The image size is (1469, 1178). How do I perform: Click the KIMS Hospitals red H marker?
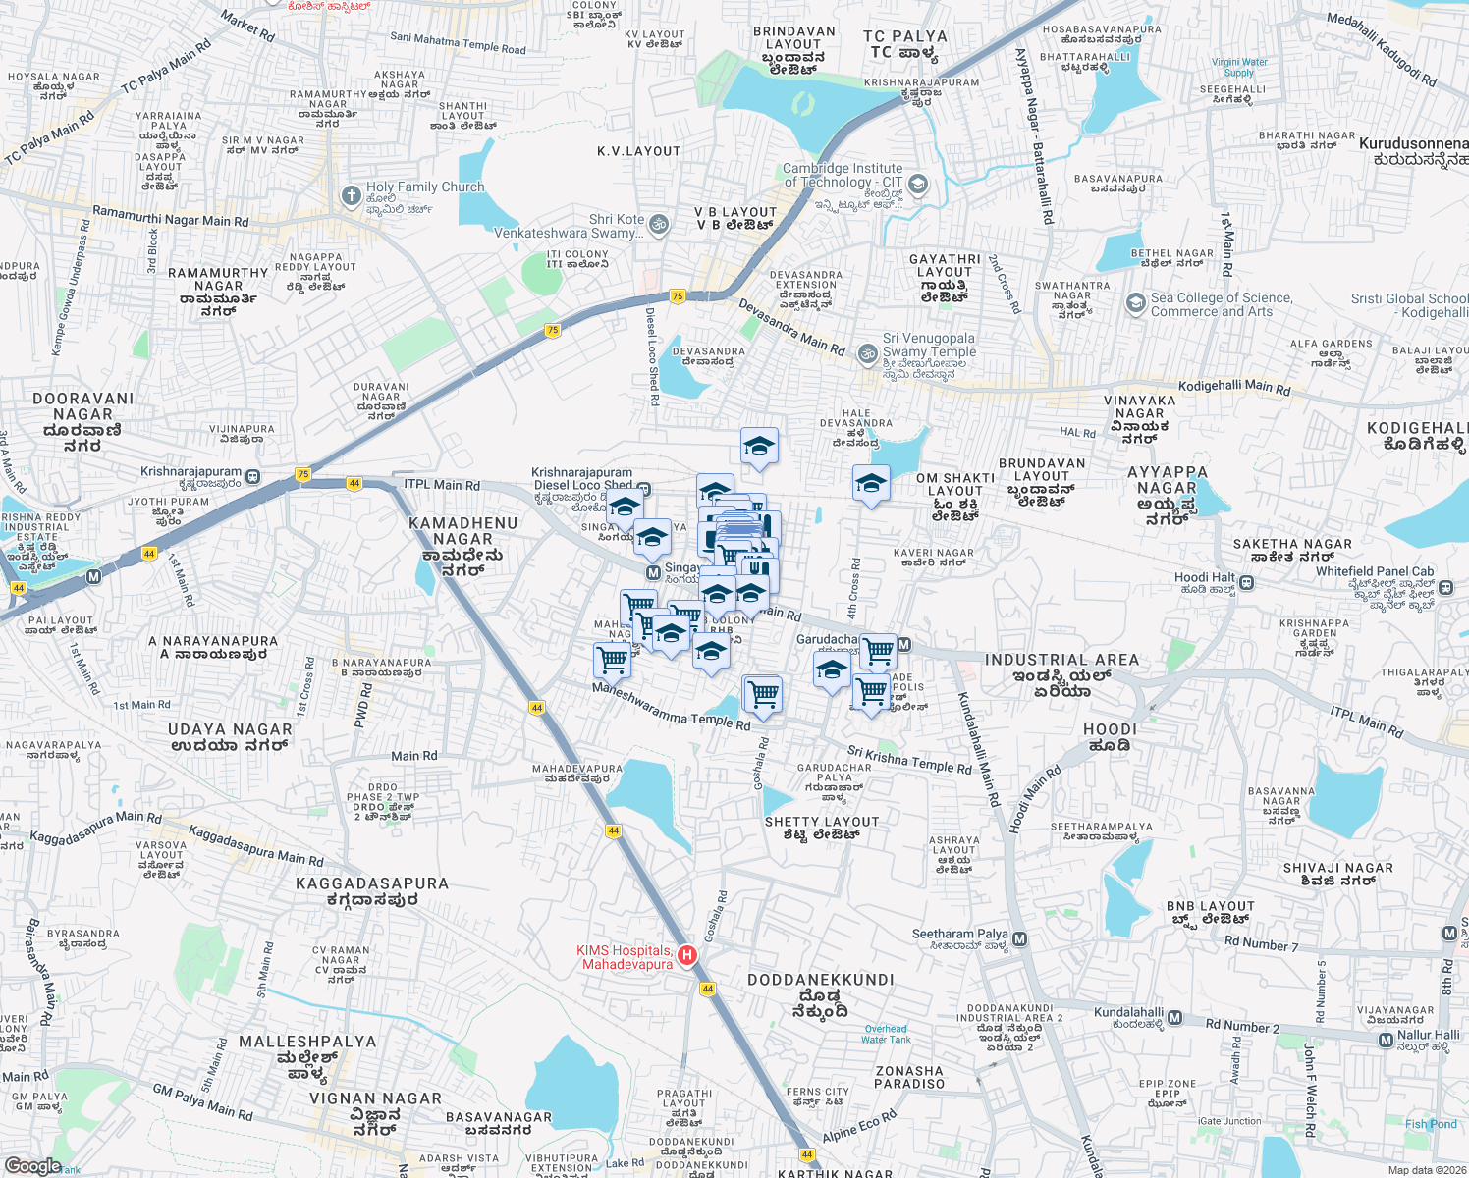click(687, 955)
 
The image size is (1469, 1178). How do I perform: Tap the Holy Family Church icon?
click(351, 196)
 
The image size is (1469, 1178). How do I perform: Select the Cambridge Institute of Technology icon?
click(917, 184)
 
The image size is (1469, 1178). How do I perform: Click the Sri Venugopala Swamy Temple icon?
click(867, 353)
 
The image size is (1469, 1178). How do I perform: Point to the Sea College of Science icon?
click(1136, 303)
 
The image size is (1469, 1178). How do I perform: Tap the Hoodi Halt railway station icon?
click(1246, 583)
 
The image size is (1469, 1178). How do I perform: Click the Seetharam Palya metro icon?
click(1019, 939)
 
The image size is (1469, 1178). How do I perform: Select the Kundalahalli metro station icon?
click(1174, 1018)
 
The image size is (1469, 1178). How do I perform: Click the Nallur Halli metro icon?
click(1386, 1040)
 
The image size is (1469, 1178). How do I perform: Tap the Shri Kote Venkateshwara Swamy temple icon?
click(659, 225)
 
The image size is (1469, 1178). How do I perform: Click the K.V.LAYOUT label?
click(638, 151)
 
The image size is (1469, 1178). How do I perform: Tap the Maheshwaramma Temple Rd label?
click(671, 707)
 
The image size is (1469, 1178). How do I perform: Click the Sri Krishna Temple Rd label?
click(909, 759)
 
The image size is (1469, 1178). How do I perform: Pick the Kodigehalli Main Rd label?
click(1234, 387)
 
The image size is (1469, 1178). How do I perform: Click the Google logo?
click(32, 1165)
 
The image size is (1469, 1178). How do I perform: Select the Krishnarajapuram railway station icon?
click(253, 477)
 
